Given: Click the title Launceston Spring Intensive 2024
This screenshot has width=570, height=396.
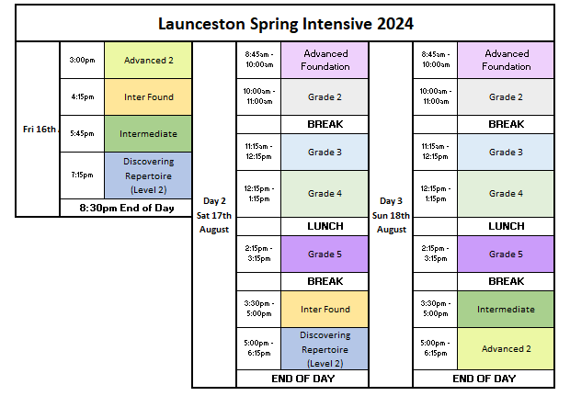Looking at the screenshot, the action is pos(286,24).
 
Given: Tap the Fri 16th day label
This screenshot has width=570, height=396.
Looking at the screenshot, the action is pos(40,130).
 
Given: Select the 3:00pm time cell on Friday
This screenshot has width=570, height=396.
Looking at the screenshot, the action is pos(82,60).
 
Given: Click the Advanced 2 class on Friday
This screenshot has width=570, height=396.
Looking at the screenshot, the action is pos(148,60).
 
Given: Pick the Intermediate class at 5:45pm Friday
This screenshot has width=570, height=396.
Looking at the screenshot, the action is pos(148,134).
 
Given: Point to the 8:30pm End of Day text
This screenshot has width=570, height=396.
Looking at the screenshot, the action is pos(127,209).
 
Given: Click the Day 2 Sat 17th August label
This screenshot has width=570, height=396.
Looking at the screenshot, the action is pos(214,215).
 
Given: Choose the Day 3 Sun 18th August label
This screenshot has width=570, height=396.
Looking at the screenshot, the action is pos(391,215).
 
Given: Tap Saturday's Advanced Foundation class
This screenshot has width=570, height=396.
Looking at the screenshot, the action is pos(325,60).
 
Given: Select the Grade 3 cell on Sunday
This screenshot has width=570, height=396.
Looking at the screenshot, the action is pos(506,153).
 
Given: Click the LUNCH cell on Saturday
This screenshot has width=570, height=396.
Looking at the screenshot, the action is pos(325,226).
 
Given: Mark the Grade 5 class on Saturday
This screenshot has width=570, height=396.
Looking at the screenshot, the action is pos(325,255).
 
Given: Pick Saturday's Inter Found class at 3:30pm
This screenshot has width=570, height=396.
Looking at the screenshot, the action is pos(325,309).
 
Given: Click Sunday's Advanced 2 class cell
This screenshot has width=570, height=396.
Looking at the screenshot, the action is pos(506,349).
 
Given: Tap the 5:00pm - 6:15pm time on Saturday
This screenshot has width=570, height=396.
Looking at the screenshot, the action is pos(259,348).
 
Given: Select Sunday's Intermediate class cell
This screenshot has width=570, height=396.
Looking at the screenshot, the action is pos(506,309).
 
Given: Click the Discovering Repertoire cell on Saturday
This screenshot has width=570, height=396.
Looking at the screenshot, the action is pos(325,349).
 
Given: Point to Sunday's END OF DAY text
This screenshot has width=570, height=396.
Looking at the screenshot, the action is pos(484,379).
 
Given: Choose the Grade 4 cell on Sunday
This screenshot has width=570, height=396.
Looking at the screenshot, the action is pos(506,194).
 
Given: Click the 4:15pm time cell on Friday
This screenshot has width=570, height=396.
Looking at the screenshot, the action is pos(82,97).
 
